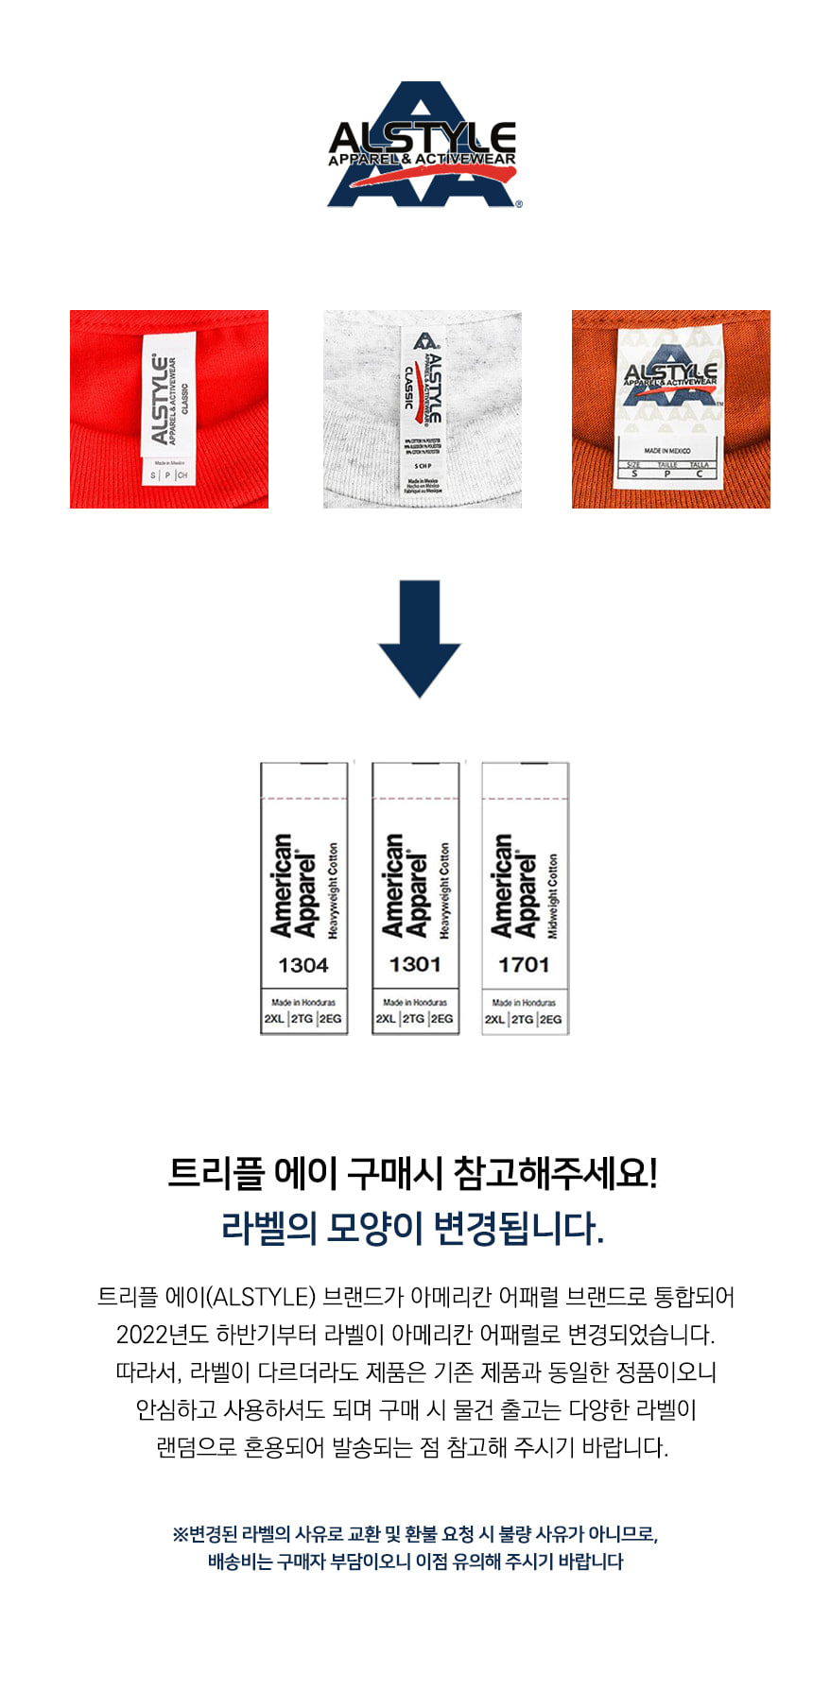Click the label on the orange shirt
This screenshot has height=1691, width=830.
[x=670, y=405]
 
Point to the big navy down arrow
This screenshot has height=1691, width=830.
[x=420, y=638]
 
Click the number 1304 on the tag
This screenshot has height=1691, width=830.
[x=303, y=965]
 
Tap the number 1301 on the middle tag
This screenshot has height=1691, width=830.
[x=415, y=964]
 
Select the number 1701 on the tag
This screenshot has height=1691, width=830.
[x=524, y=964]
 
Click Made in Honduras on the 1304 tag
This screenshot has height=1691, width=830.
[x=303, y=1002]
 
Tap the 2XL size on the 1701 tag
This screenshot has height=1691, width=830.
[x=495, y=1019]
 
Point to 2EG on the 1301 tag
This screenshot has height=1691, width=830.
[x=441, y=1019]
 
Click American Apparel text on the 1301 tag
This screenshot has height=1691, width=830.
[x=406, y=886]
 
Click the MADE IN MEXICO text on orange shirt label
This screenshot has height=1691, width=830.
[x=667, y=451]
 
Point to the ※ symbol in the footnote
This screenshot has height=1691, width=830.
[x=179, y=1534]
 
